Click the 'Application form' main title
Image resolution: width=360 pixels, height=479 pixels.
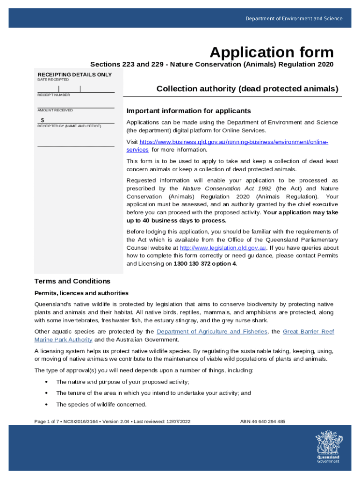pos(272,52)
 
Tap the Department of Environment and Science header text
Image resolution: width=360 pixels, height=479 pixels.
pos(294,19)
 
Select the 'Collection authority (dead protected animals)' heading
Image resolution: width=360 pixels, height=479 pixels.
pos(247,88)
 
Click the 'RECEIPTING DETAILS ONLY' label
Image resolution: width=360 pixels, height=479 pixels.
pos(75,75)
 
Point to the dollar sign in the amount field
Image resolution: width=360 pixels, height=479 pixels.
pos(43,120)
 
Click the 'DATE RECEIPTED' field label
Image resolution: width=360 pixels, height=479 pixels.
pos(53,80)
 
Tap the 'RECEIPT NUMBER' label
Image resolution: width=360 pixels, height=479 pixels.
pos(54,95)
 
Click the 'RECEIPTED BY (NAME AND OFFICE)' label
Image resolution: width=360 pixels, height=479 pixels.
pos(69,126)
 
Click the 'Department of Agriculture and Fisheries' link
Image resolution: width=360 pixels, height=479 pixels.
pos(212,332)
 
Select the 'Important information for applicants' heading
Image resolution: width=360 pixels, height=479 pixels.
pos(189,111)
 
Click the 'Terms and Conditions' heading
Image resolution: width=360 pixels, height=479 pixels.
pos(72,281)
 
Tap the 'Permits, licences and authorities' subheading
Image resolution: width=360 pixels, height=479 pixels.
pos(81,293)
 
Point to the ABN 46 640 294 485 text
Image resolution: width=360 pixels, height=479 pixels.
pos(262,421)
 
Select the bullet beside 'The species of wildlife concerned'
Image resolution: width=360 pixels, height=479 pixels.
pos(46,405)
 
